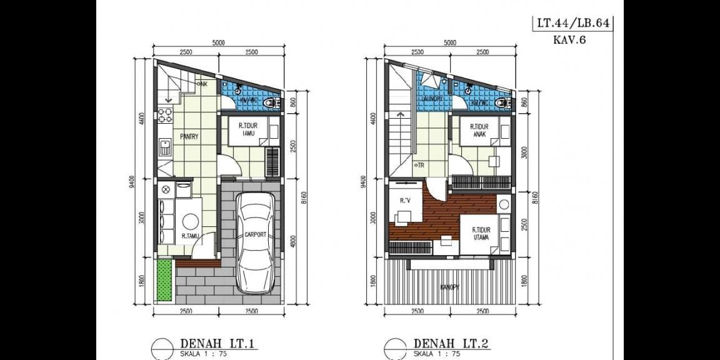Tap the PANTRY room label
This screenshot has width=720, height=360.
coord(189,137)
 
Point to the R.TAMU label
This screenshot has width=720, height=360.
coord(191,236)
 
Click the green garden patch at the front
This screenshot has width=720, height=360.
coord(163,279)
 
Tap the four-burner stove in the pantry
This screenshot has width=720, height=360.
coord(165,115)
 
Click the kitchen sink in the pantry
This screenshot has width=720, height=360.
coord(165,148)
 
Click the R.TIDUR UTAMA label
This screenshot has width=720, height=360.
coord(481,234)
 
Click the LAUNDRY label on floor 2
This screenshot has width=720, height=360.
coord(432,99)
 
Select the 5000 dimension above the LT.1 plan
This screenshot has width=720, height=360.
coord(218,43)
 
